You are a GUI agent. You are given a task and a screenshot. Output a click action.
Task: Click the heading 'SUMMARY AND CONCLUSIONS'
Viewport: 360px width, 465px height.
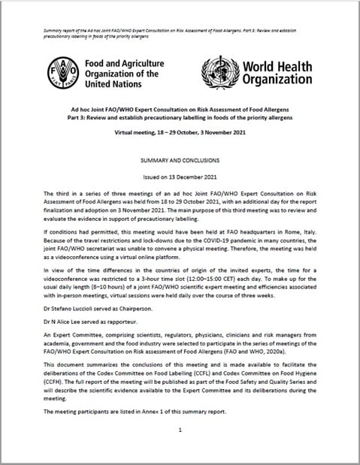tap(180, 162)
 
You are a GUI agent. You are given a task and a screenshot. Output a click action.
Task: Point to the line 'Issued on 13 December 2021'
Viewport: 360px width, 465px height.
tap(180, 178)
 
